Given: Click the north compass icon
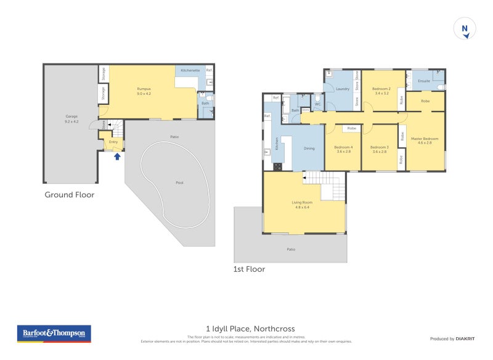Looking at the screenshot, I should tap(465, 29).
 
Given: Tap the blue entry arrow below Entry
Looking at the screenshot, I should tap(116, 156).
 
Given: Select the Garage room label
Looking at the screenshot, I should tap(71, 118).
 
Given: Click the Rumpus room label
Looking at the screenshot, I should tap(144, 91).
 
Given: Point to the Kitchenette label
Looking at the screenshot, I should tap(190, 70).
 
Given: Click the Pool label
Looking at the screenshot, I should tap(179, 182).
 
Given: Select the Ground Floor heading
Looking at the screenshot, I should tap(69, 195).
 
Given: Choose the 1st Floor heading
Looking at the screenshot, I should tap(249, 269).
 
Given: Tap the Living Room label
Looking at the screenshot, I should tap(302, 203).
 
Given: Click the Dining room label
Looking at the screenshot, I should tap(309, 148).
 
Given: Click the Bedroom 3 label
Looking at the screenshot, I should tap(379, 148).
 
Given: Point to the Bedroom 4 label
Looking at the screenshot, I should tap(343, 148).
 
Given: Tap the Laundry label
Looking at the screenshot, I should tap(343, 89).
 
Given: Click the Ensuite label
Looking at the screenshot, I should tap(424, 81).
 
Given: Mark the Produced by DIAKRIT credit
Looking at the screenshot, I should tap(452, 339).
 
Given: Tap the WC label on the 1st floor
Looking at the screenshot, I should tap(317, 104).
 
